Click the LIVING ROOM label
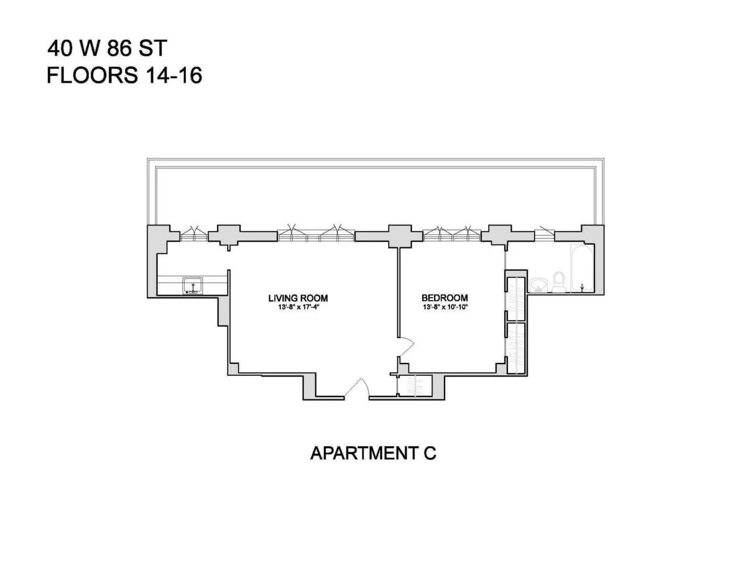click(298, 298)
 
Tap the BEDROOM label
click(444, 298)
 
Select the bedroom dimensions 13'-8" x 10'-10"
click(444, 307)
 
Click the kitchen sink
click(193, 286)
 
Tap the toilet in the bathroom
click(559, 281)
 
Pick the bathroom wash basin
click(538, 285)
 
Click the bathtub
click(581, 268)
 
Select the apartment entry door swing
click(357, 388)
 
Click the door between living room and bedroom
click(405, 346)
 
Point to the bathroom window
click(543, 234)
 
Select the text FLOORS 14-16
click(124, 76)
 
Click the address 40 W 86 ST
click(108, 48)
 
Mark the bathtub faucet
click(582, 286)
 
